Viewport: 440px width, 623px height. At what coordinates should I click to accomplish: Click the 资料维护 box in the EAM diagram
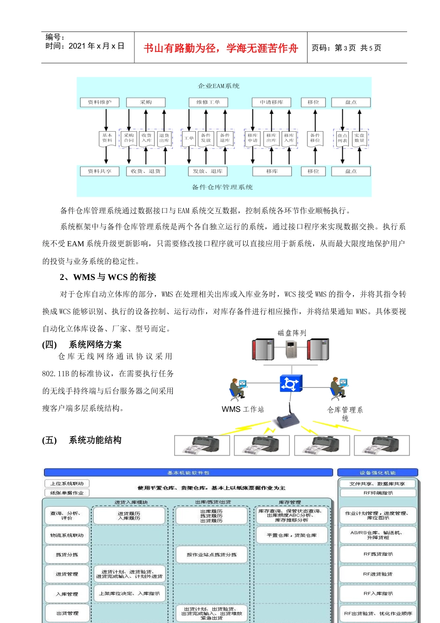tap(100, 102)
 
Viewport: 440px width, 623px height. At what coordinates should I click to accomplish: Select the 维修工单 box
tap(208, 102)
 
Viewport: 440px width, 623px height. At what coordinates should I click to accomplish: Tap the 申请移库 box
tap(271, 102)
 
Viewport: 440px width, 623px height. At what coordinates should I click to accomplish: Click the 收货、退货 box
tap(145, 171)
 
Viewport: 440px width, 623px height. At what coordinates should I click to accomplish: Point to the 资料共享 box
tap(100, 171)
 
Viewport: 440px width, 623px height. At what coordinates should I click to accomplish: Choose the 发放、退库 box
tap(207, 171)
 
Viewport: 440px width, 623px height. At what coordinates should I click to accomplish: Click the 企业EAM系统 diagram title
tap(219, 86)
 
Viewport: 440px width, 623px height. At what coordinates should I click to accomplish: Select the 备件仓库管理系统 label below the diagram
tap(222, 187)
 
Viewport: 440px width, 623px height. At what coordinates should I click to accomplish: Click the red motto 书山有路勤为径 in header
tap(220, 48)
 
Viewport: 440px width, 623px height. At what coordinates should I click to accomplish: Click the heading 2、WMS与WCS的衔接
tap(108, 277)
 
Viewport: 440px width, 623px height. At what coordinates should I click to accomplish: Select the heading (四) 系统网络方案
tap(82, 344)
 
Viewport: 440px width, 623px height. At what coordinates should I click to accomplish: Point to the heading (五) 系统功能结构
tap(82, 440)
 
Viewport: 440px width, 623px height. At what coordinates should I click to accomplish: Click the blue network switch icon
tap(290, 384)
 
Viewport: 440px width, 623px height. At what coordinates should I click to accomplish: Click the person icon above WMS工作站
tap(238, 389)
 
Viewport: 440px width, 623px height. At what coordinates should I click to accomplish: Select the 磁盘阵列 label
tap(292, 333)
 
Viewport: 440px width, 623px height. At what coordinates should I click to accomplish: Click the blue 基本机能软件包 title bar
tap(188, 473)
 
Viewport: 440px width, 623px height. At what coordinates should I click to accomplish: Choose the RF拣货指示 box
tap(378, 554)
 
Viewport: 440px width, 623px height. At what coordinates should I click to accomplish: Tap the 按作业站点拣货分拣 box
tap(211, 554)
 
